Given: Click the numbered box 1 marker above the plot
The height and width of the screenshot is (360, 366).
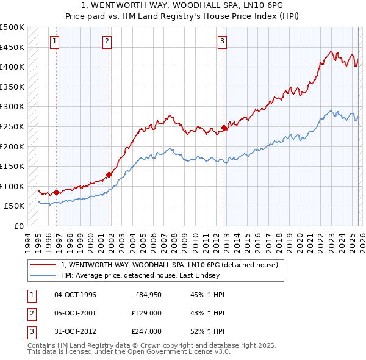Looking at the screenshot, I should [55, 41].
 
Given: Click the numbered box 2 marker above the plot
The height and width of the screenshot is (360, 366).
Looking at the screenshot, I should [107, 41].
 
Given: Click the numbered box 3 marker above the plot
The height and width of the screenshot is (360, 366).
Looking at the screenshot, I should [222, 41].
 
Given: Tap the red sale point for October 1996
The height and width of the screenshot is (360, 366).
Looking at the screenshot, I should [57, 192].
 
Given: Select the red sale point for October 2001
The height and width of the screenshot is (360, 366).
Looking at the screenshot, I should [109, 175].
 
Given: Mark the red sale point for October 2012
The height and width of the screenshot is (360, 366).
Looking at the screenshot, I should [224, 128].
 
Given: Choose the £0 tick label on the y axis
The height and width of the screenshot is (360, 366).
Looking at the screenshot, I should [18, 226].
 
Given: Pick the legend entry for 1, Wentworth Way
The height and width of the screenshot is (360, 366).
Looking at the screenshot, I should [169, 265].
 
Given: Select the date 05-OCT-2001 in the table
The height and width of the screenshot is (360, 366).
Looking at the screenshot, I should [75, 313].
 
